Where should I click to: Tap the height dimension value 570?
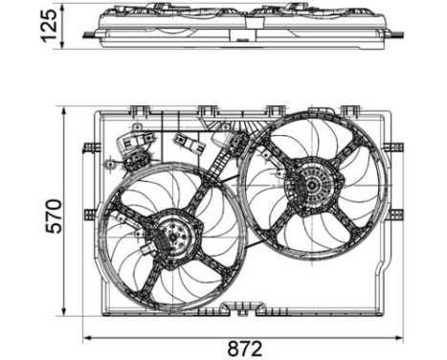[52, 215]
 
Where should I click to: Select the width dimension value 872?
[247, 348]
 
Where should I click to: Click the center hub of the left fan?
[171, 236]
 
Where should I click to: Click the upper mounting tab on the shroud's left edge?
[91, 146]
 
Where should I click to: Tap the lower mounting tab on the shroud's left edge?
[91, 213]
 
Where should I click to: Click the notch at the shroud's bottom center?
[234, 308]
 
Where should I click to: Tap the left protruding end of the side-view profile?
[89, 34]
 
